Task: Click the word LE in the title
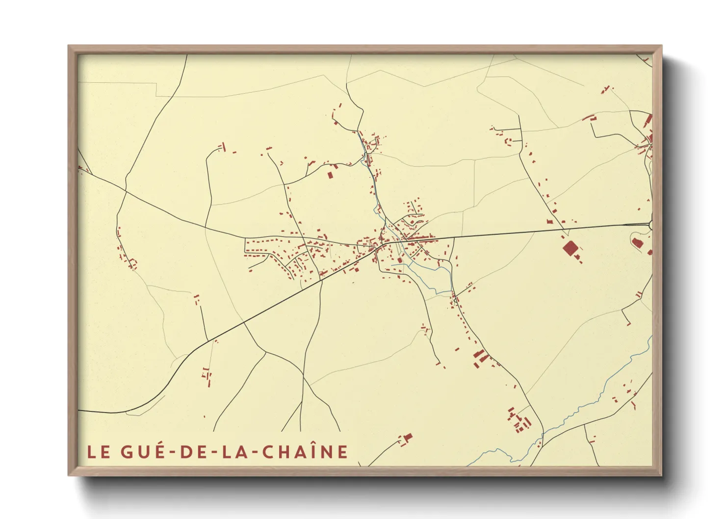98,452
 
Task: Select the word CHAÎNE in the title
305,451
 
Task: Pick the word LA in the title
232,452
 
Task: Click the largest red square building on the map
570,248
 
